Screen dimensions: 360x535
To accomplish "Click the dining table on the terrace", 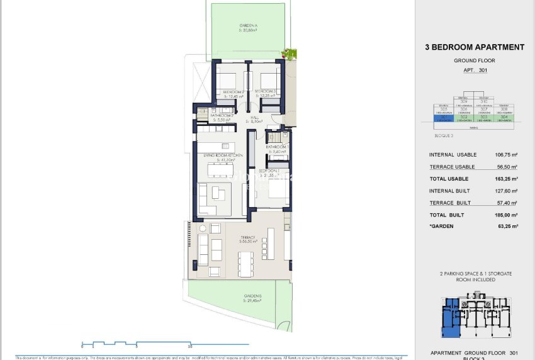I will coord(245,263).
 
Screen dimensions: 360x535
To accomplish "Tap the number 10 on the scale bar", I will coord(190,347).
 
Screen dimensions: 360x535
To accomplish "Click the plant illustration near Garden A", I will coord(290,53).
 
